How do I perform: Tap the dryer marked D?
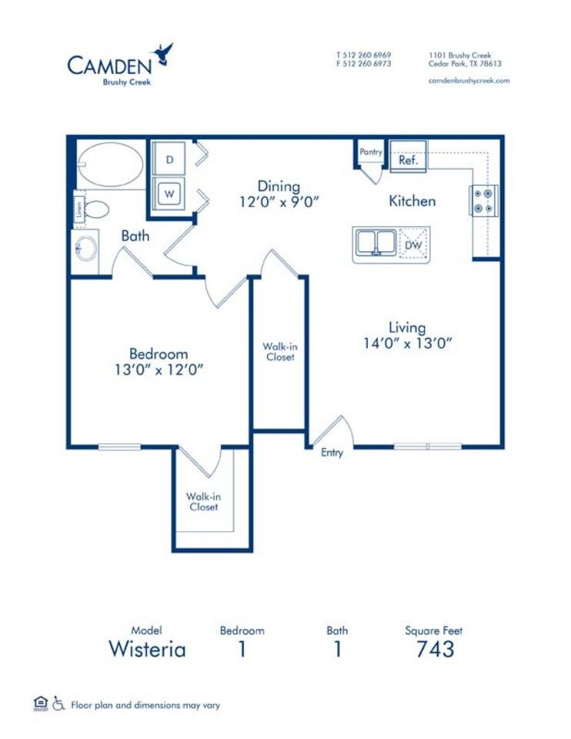tap(170, 159)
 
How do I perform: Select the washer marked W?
tap(170, 193)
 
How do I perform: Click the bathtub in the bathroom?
tap(111, 164)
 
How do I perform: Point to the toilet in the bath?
tap(95, 209)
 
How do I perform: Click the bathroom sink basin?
tap(85, 249)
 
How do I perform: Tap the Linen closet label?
tap(78, 210)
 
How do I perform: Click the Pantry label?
tap(371, 152)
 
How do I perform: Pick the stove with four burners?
tap(484, 199)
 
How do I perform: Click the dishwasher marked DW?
tap(413, 245)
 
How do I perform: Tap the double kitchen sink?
tap(375, 244)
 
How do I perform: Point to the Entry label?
tap(332, 453)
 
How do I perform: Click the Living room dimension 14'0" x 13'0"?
tap(406, 343)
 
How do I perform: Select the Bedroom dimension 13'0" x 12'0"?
tap(159, 369)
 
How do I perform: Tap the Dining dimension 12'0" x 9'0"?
tap(278, 202)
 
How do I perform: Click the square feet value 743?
tap(435, 649)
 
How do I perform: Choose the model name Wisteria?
tap(147, 649)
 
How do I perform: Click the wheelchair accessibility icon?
tap(59, 704)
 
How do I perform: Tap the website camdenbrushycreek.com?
tap(469, 80)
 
